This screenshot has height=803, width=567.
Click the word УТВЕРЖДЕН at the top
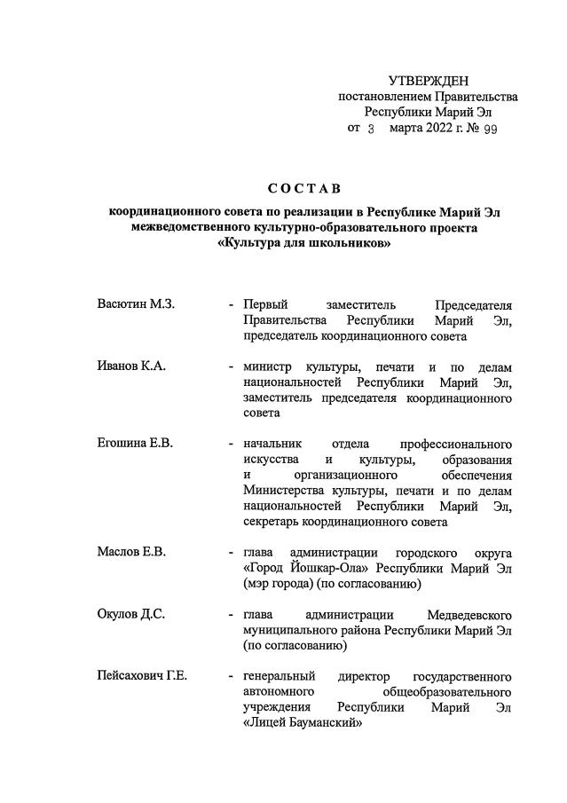pos(429,82)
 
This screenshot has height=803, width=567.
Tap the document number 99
pos(489,129)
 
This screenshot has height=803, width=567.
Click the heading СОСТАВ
pos(303,188)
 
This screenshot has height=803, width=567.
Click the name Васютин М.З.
pos(136,304)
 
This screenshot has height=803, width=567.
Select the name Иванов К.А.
pos(131,366)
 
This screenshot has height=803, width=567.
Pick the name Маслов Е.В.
pos(131,552)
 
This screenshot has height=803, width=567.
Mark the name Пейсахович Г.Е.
pos(142,676)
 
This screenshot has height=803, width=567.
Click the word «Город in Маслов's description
pos(265,568)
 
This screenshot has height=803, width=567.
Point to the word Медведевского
pos(469,614)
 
